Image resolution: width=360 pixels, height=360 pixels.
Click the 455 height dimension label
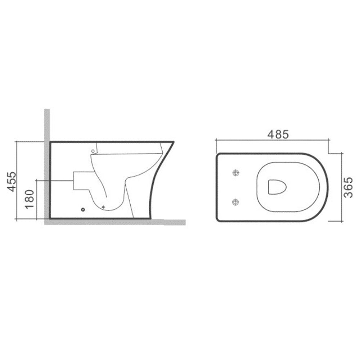coord(12,181)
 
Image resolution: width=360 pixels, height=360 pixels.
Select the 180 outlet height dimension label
coord(30,199)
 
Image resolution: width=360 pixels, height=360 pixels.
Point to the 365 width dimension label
coord(347,187)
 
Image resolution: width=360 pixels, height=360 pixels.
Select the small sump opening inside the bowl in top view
coord(277,186)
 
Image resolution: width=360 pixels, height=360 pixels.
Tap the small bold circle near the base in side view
coord(83,209)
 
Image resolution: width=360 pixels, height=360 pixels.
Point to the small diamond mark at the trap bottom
coord(104,206)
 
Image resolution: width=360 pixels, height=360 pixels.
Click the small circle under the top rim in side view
coord(93,151)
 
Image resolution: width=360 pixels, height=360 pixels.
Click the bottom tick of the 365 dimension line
coord(341,220)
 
